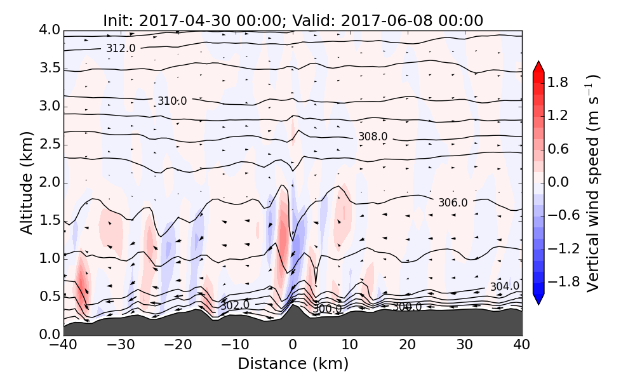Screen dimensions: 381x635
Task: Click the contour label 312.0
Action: point(121,48)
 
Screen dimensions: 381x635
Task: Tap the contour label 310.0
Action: point(172,101)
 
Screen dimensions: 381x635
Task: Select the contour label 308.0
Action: point(373,137)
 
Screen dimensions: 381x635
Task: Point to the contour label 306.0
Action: point(453,203)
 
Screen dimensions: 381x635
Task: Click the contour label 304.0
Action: point(504,286)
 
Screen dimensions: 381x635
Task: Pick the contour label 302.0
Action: point(234,305)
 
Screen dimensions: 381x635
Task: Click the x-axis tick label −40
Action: point(63,345)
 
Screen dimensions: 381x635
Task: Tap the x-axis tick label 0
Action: point(293,345)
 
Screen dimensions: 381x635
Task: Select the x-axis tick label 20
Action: point(407,345)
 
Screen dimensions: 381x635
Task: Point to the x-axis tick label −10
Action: point(235,345)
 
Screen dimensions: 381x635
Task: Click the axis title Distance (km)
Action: point(293,364)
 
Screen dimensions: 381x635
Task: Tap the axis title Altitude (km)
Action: point(26,182)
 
